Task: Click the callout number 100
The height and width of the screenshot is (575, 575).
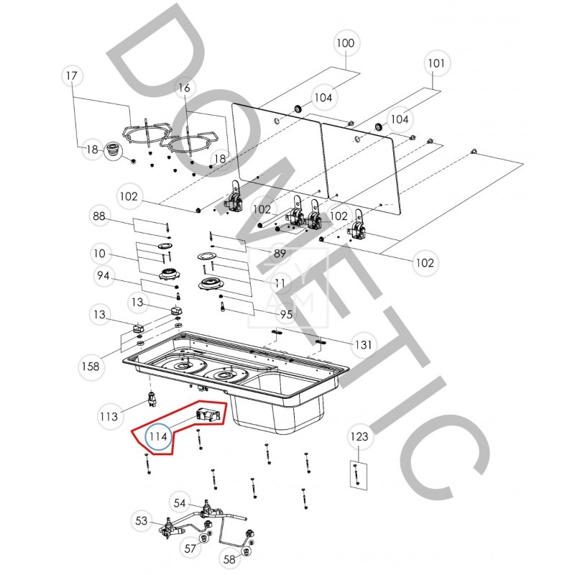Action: (346, 43)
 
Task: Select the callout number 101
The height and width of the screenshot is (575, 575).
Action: (436, 63)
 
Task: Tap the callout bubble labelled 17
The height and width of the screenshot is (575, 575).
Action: (72, 76)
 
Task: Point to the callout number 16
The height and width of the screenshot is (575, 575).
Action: (185, 88)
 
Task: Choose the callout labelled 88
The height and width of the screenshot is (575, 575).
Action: (99, 216)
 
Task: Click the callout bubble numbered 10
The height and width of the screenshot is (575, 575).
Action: (99, 254)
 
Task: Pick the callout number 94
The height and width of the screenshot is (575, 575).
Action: (103, 275)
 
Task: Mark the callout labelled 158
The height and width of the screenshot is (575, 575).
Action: (91, 366)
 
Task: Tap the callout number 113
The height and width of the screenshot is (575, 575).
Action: (109, 416)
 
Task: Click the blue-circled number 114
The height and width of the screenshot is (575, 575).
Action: (158, 436)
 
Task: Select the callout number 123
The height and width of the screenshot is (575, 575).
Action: (359, 436)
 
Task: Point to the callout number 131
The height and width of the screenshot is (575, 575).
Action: (364, 345)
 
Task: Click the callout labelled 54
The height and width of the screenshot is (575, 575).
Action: (180, 502)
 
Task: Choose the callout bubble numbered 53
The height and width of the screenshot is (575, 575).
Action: (142, 520)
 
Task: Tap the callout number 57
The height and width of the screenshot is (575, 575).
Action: (190, 548)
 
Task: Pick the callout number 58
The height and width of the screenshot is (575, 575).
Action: (229, 559)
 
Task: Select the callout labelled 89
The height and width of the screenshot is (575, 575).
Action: (280, 254)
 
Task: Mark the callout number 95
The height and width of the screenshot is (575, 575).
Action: (286, 314)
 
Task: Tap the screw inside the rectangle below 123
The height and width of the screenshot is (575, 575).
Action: (356, 474)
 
